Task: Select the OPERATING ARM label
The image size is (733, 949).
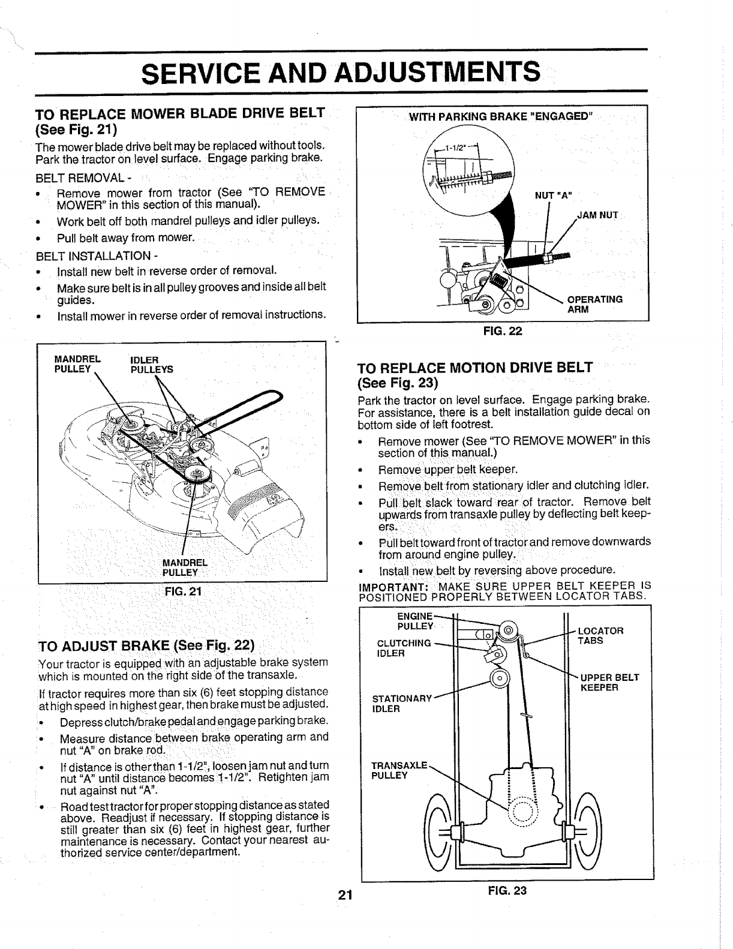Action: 594,304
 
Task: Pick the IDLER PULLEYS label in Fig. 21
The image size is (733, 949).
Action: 151,365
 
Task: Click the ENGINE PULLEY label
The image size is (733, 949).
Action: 415,621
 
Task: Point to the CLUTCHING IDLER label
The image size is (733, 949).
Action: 403,648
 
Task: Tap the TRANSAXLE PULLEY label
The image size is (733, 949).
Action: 399,770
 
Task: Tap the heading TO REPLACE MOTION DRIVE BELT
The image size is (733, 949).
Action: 474,374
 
